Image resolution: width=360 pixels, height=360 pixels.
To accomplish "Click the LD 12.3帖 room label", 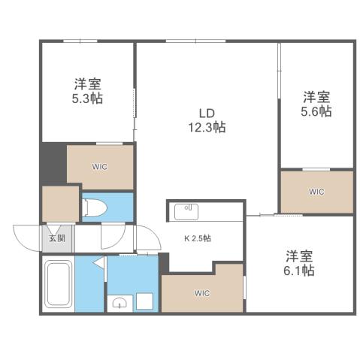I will pyautogui.click(x=206, y=120).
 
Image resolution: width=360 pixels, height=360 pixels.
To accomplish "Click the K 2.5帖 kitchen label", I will pyautogui.click(x=198, y=238).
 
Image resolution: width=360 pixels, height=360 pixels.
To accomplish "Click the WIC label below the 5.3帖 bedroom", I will pyautogui.click(x=100, y=167).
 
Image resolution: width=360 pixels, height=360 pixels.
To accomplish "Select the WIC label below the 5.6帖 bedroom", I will pyautogui.click(x=316, y=192).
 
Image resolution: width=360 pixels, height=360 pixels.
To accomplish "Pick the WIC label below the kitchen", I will pyautogui.click(x=201, y=292).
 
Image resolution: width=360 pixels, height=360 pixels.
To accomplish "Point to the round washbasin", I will pyautogui.click(x=119, y=303).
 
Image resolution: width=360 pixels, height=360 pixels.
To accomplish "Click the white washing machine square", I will pyautogui.click(x=144, y=301).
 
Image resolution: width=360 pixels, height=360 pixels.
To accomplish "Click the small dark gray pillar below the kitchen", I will pyautogui.click(x=165, y=262).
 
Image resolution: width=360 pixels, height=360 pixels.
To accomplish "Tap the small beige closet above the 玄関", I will pyautogui.click(x=59, y=204).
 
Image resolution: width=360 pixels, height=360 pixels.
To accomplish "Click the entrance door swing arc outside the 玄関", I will pyautogui.click(x=26, y=239).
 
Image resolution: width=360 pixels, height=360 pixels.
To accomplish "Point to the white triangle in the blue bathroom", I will pyautogui.click(x=99, y=265).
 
